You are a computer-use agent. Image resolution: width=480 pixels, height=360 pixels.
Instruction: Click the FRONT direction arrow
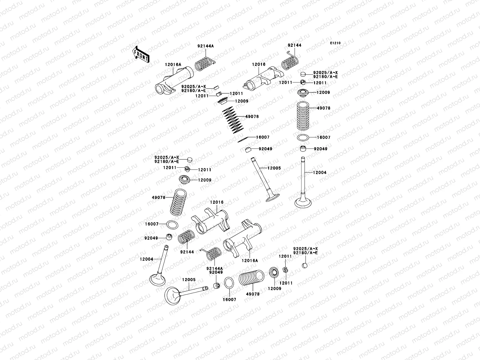coord(141,55)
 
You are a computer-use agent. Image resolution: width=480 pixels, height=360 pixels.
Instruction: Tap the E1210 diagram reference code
coord(335,43)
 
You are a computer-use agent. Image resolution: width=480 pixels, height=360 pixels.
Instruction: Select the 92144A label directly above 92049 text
coord(214,268)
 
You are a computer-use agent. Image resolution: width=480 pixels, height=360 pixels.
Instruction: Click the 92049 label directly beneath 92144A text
coord(216,272)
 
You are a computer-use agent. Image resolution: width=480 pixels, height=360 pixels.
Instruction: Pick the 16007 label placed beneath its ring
coord(229,300)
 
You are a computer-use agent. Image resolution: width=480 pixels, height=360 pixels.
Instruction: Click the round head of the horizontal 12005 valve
coord(172,296)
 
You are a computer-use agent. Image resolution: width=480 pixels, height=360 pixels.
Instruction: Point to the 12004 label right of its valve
coord(319,173)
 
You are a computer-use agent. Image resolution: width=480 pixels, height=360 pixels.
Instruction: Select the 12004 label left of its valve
coord(146,259)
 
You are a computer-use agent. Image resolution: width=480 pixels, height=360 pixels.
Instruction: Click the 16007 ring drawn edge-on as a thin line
coord(243,139)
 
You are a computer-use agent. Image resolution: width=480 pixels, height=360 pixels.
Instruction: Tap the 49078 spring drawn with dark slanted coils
coord(233,120)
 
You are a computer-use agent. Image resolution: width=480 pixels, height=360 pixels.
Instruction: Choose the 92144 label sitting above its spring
coord(294,45)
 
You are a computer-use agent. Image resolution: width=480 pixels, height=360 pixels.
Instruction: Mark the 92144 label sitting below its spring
coord(187,252)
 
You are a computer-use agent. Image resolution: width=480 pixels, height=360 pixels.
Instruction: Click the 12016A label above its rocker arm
coord(173,65)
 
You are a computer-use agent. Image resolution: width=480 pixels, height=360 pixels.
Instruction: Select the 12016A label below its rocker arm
coord(250,261)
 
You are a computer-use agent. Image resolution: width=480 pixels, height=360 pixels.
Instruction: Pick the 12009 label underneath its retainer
coord(274,289)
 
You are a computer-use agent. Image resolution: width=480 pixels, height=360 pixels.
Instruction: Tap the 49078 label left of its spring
coord(158,198)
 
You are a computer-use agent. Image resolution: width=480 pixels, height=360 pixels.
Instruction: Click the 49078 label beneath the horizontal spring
coord(253,294)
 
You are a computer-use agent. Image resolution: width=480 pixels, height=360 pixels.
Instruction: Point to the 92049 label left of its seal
coord(151,238)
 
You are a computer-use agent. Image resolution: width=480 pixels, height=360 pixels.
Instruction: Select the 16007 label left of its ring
coord(151,224)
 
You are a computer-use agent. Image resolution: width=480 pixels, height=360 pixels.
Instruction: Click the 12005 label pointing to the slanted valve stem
coord(274,168)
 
